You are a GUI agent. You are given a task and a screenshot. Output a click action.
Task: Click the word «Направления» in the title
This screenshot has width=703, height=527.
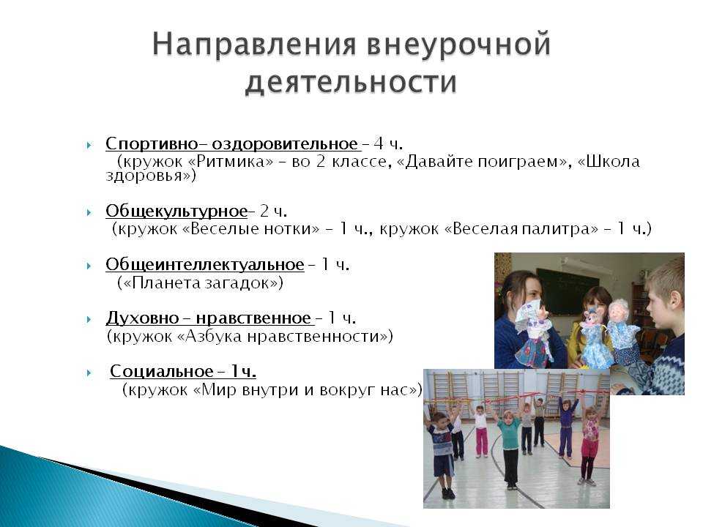pyautogui.click(x=255, y=45)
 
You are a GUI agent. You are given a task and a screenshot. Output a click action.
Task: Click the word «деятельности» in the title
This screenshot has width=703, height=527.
pyautogui.click(x=351, y=83)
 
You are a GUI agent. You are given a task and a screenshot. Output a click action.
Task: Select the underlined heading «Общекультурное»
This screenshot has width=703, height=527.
pyautogui.click(x=176, y=211)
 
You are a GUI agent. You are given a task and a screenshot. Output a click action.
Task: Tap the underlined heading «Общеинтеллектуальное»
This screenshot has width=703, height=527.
pyautogui.click(x=205, y=264)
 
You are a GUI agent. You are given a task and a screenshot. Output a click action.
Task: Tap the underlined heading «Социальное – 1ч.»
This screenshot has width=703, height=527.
pyautogui.click(x=183, y=372)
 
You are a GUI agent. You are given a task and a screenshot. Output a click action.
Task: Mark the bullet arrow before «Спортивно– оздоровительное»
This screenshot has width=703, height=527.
pyautogui.click(x=89, y=145)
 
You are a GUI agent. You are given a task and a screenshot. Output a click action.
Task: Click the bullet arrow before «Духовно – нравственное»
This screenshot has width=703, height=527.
pyautogui.click(x=89, y=320)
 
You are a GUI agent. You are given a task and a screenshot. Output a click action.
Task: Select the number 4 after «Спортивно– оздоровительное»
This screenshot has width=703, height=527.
pyautogui.click(x=379, y=144)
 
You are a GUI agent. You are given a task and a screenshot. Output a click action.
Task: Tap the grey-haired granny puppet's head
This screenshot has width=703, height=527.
pyautogui.click(x=621, y=312)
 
